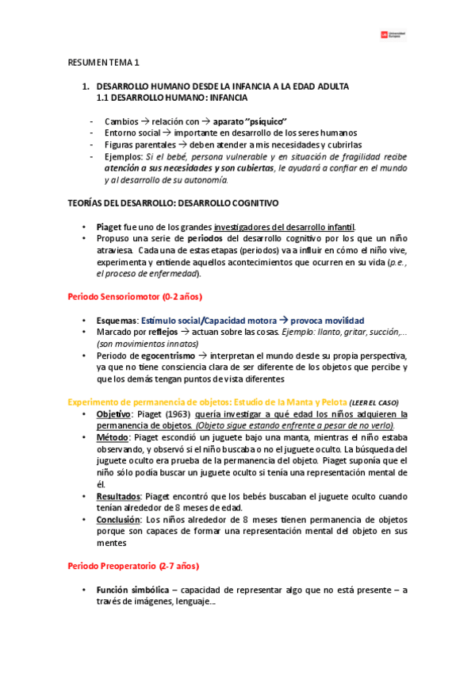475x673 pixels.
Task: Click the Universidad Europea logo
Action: [x=393, y=34]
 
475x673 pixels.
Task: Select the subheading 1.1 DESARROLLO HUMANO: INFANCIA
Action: [x=171, y=98]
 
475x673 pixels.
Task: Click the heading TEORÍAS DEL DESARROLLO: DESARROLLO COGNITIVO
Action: [x=172, y=203]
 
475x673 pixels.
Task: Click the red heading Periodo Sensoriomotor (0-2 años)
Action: [x=135, y=297]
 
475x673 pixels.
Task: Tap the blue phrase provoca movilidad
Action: [x=324, y=320]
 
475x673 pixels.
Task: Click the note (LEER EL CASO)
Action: [x=373, y=402]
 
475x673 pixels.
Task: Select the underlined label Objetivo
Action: [x=114, y=414]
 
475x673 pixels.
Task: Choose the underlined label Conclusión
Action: [x=120, y=520]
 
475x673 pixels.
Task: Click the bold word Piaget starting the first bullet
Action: [x=109, y=226]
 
